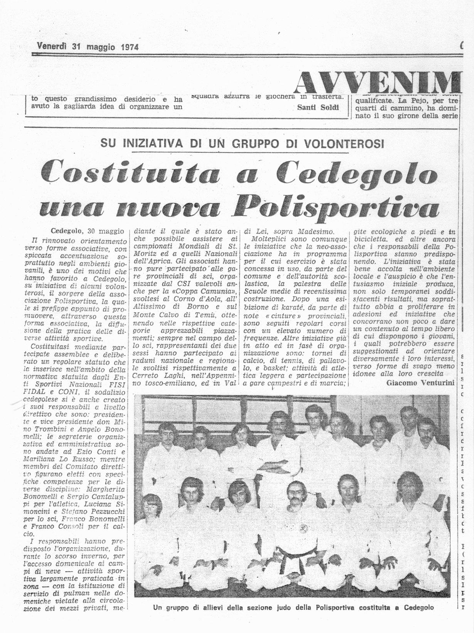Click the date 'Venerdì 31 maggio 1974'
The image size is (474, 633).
tap(88, 47)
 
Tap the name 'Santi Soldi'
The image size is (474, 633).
tap(318, 107)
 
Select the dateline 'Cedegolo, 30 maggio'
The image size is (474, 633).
tap(87, 231)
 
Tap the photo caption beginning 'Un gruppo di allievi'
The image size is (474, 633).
tap(293, 607)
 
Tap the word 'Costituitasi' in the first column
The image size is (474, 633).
tap(53, 347)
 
